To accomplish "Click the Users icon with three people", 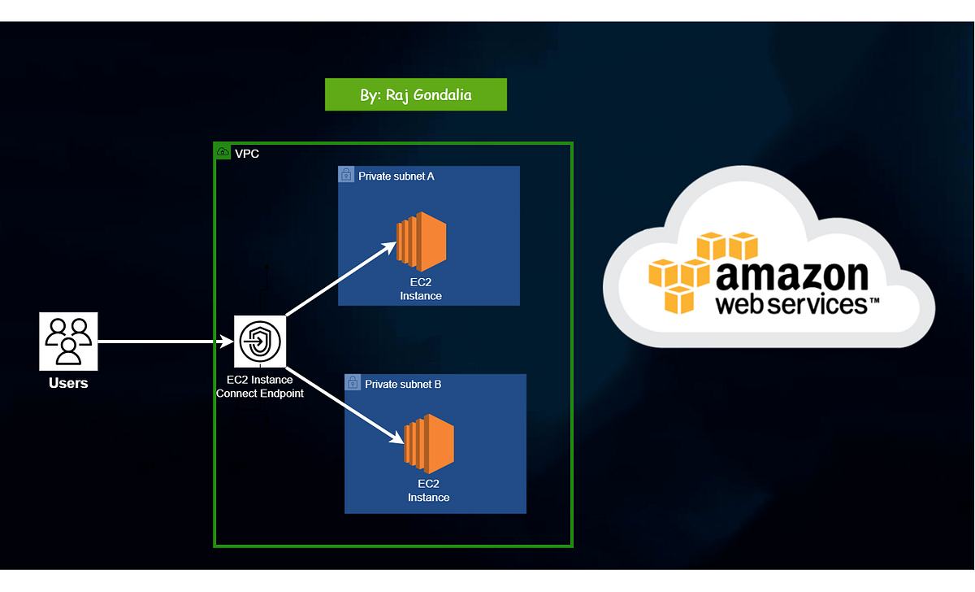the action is tap(68, 342).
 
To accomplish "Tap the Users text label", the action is tap(68, 383).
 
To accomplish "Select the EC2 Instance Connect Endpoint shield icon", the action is tap(260, 342).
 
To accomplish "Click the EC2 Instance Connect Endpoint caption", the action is tap(260, 386).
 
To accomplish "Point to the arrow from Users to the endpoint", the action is tap(166, 342).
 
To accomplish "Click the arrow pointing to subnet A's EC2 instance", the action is tap(340, 279).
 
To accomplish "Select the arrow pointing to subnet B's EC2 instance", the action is tap(345, 406).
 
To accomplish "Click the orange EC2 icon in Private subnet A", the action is tap(422, 242).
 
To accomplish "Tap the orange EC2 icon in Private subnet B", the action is tap(429, 444).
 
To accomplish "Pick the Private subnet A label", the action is tap(396, 176).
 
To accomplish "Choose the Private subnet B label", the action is tap(403, 384).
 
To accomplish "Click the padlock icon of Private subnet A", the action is tap(346, 174).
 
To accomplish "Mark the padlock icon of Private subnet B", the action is tap(353, 382).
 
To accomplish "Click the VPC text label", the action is tap(247, 154).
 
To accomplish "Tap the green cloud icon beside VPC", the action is tap(223, 151).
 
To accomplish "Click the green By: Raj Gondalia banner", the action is tap(416, 94).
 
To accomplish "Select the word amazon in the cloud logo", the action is tap(792, 276).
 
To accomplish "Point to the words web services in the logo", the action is tap(791, 304).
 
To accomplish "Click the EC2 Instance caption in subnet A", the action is tap(421, 289).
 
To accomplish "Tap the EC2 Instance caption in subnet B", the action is tap(429, 490).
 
